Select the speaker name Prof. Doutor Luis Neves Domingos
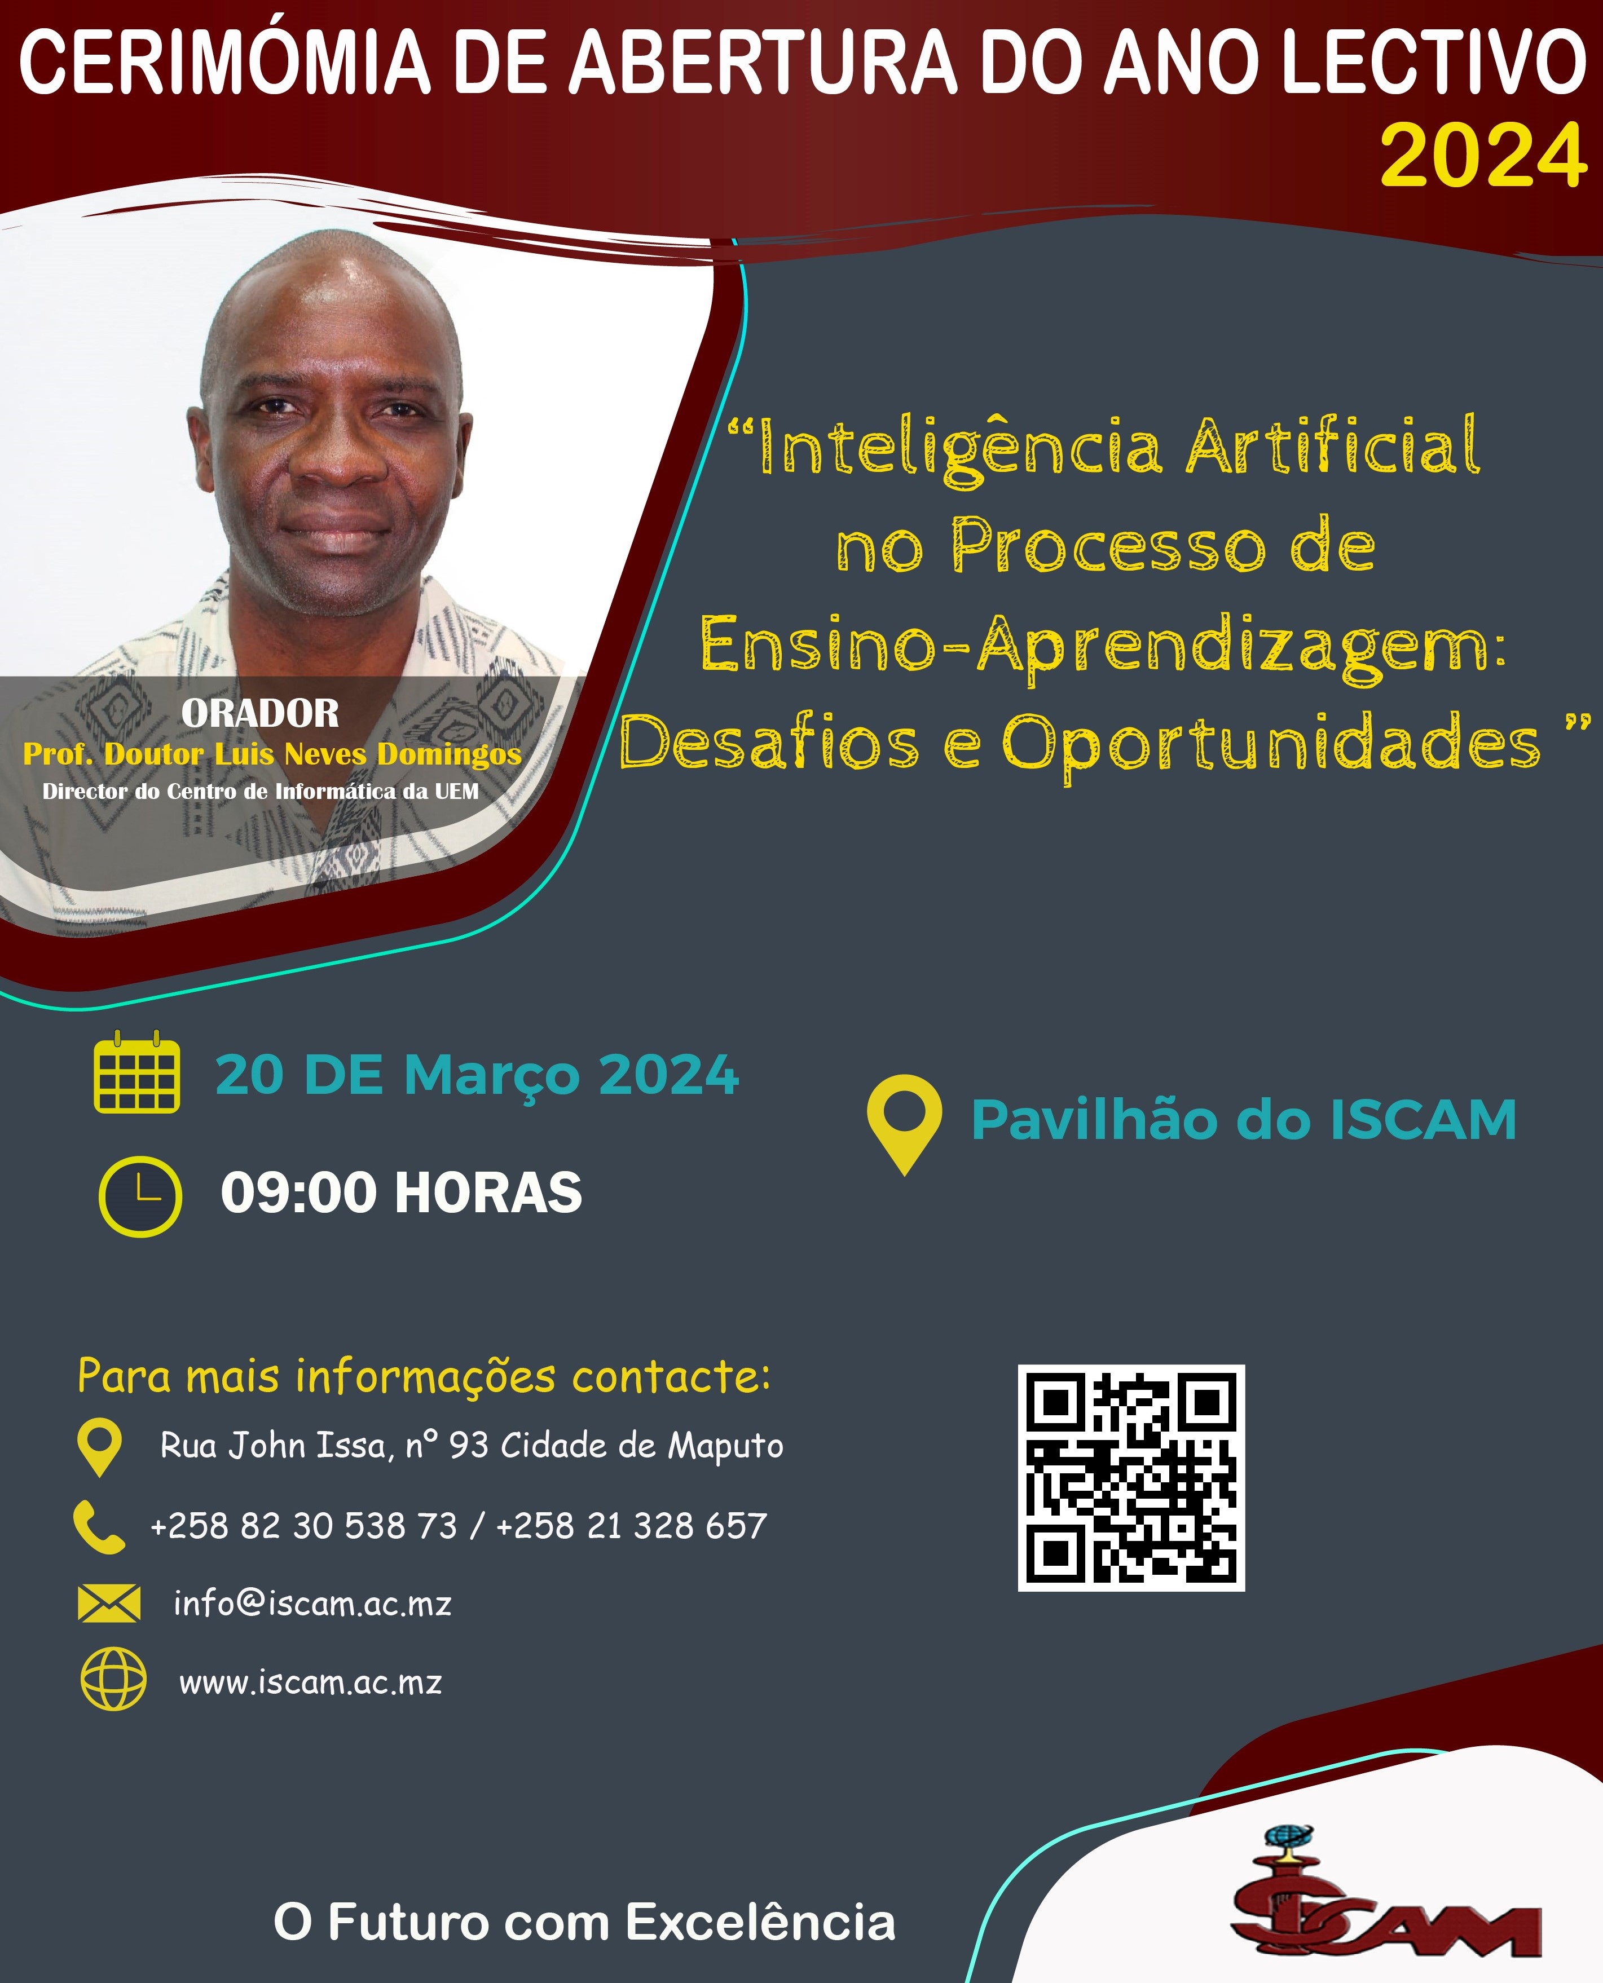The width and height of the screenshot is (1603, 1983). (272, 754)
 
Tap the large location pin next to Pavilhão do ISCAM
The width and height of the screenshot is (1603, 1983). (904, 1124)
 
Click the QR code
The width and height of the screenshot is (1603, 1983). (1131, 1477)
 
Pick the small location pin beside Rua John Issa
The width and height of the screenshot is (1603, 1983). (100, 1447)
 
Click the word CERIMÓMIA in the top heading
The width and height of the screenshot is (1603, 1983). (225, 63)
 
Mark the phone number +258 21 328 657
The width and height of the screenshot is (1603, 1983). (632, 1526)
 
